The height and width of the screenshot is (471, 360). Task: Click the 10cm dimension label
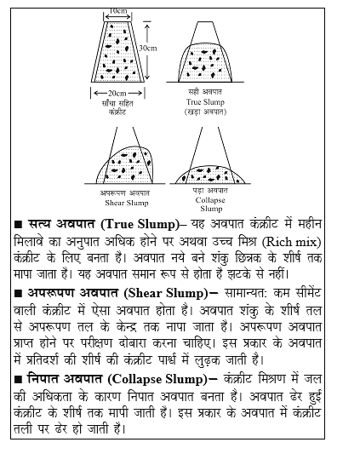[x=120, y=11]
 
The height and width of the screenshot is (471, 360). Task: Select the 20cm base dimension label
[x=118, y=92]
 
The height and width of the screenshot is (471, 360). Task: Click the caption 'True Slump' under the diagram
[x=207, y=101]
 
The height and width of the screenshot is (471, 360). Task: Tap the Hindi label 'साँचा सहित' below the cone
[x=118, y=101]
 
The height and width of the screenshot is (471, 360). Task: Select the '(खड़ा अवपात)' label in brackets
[x=207, y=111]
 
